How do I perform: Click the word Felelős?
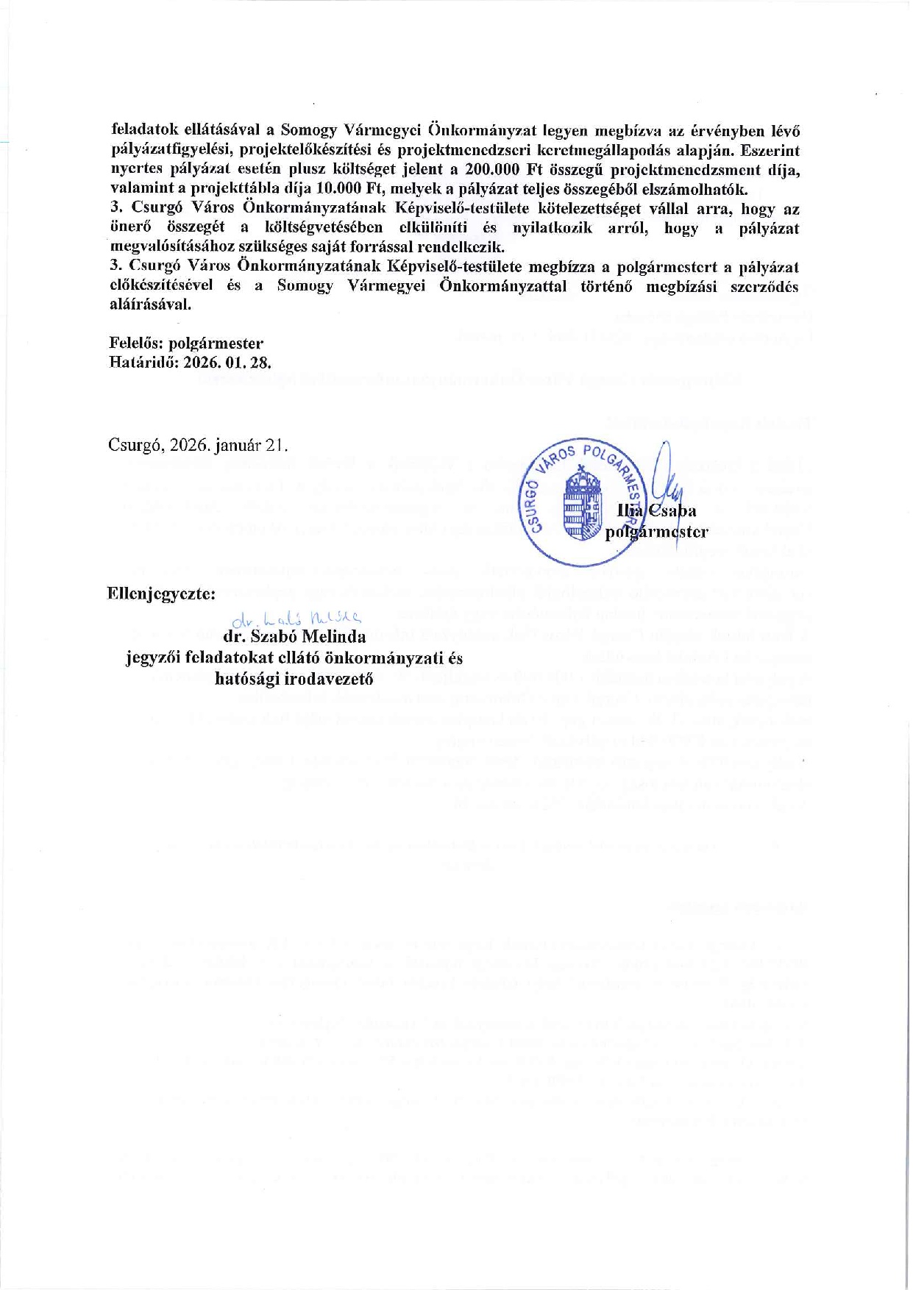(137, 343)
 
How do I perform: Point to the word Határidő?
(141, 363)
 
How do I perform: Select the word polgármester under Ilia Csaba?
(656, 532)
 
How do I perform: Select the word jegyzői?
(152, 658)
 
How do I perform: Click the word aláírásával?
(150, 304)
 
